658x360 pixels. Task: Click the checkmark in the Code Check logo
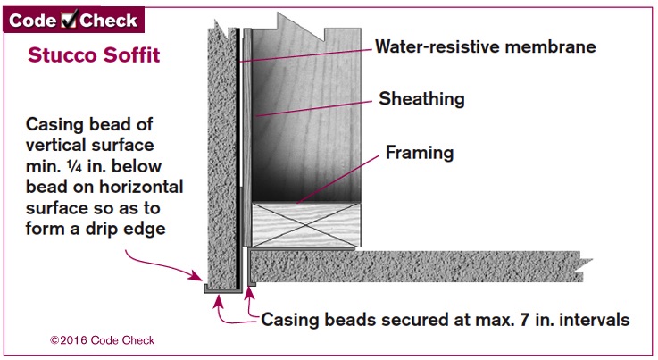point(69,20)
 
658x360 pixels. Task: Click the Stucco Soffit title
point(94,55)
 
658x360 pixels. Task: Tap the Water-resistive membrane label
point(486,46)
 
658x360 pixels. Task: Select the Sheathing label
point(421,99)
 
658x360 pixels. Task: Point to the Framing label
point(420,153)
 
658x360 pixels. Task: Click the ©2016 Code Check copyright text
point(102,340)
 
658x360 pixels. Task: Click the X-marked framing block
point(306,224)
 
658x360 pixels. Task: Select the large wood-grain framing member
point(306,113)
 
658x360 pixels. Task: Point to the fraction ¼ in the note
point(74,166)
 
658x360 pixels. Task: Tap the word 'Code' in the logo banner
point(33,21)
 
